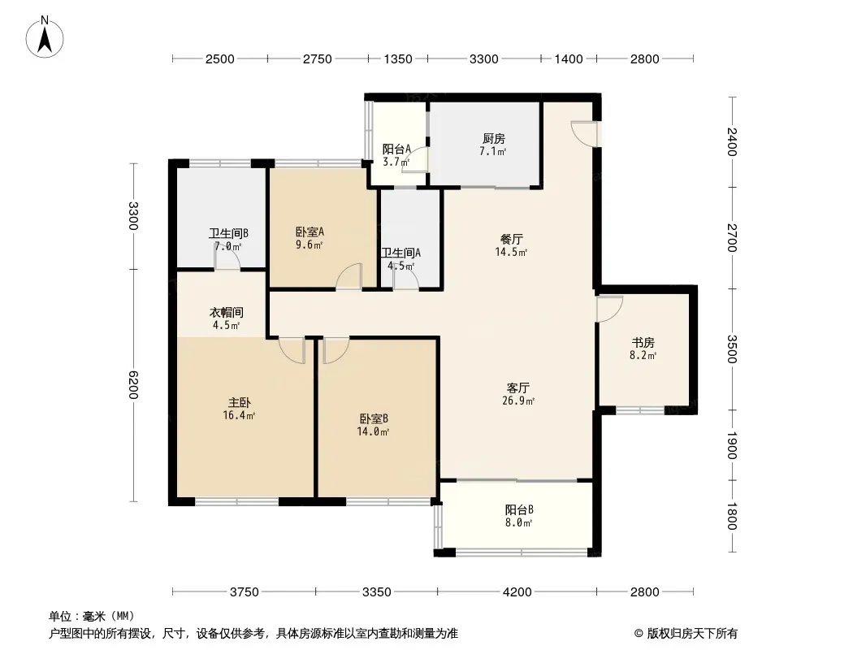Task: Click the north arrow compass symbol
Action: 45,37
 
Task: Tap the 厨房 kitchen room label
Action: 493,138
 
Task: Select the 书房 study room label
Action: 643,342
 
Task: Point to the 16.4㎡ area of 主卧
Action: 239,415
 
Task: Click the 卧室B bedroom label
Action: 374,418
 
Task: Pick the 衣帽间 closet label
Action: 227,313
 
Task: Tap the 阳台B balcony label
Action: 518,509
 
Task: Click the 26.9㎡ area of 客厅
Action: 518,401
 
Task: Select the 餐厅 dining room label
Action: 512,239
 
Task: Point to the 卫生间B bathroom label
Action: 228,234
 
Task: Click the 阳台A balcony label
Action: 396,149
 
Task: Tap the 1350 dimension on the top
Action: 397,58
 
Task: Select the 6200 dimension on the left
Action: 134,385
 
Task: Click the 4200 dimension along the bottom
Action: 517,592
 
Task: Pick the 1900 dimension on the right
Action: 731,445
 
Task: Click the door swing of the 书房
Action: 609,309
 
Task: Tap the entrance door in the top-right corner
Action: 584,133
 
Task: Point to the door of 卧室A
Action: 349,276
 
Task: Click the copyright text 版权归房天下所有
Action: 692,634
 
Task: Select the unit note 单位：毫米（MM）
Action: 92,617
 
